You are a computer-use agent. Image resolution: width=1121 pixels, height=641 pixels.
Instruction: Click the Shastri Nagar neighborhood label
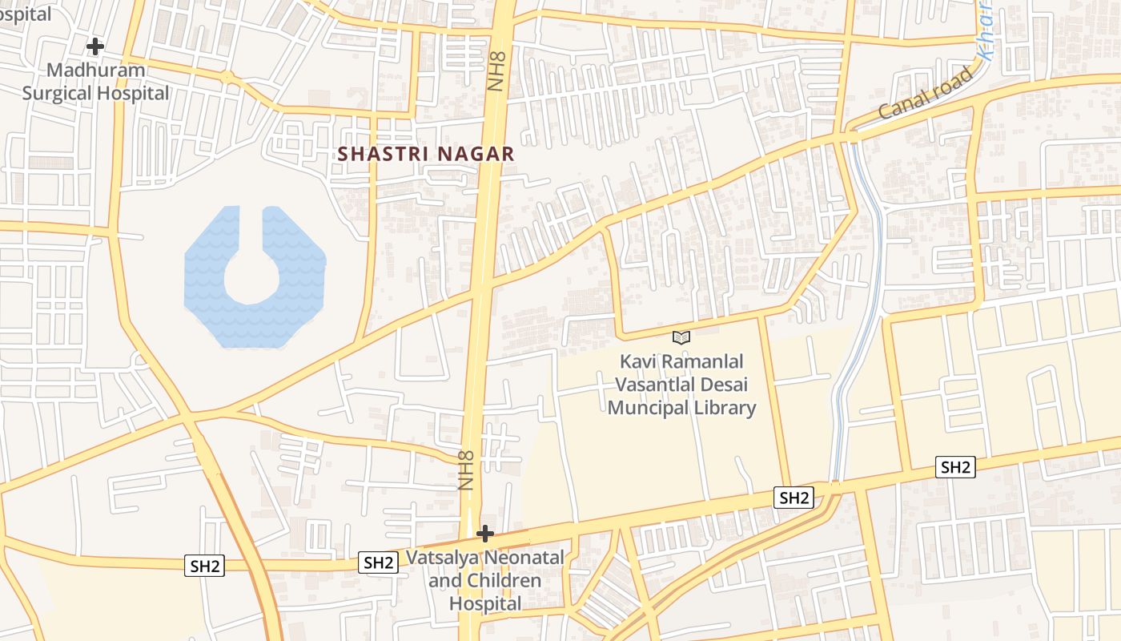click(425, 154)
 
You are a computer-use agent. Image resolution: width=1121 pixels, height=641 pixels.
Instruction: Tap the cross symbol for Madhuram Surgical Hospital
click(95, 46)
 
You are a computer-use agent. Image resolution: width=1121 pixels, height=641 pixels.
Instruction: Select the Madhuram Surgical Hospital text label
click(95, 82)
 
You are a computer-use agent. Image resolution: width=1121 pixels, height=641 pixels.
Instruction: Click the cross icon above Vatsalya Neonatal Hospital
click(484, 534)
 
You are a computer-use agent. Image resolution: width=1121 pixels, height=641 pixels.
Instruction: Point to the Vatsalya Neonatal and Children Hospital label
click(485, 580)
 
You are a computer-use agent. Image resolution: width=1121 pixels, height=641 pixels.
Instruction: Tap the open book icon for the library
click(681, 338)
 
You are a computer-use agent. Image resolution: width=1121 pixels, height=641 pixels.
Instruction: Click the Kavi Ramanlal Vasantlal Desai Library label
click(681, 385)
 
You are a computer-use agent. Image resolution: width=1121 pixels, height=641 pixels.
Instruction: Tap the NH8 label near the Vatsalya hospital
click(468, 471)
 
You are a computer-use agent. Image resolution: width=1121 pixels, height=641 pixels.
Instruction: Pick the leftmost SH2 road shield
click(205, 566)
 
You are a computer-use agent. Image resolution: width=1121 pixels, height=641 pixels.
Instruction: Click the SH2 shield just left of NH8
click(378, 562)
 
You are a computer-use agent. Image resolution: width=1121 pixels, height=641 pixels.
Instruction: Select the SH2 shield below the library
click(794, 498)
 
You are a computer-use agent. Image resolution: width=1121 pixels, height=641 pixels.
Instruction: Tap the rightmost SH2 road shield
click(955, 467)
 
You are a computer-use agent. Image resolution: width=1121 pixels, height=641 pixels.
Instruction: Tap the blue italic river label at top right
click(986, 32)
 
